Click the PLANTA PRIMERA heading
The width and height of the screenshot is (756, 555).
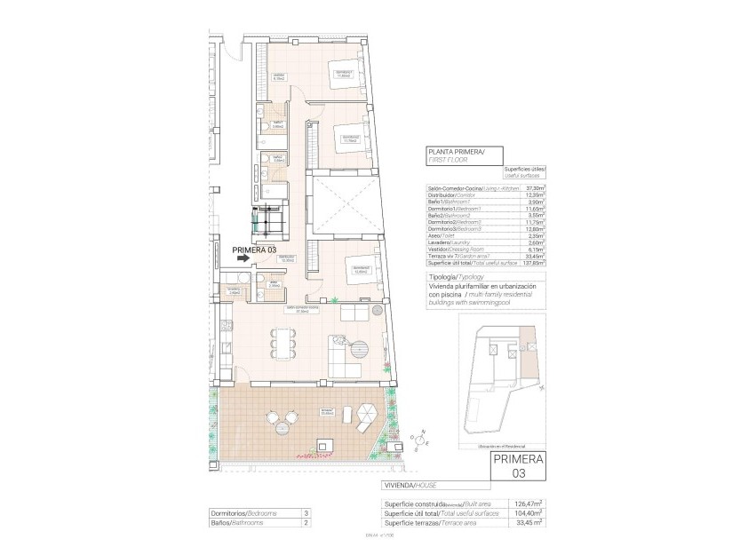[454, 153]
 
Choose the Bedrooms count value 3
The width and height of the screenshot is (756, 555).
[306, 513]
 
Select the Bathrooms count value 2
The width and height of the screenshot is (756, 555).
[306, 524]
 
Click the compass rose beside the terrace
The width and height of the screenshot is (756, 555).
[418, 440]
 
